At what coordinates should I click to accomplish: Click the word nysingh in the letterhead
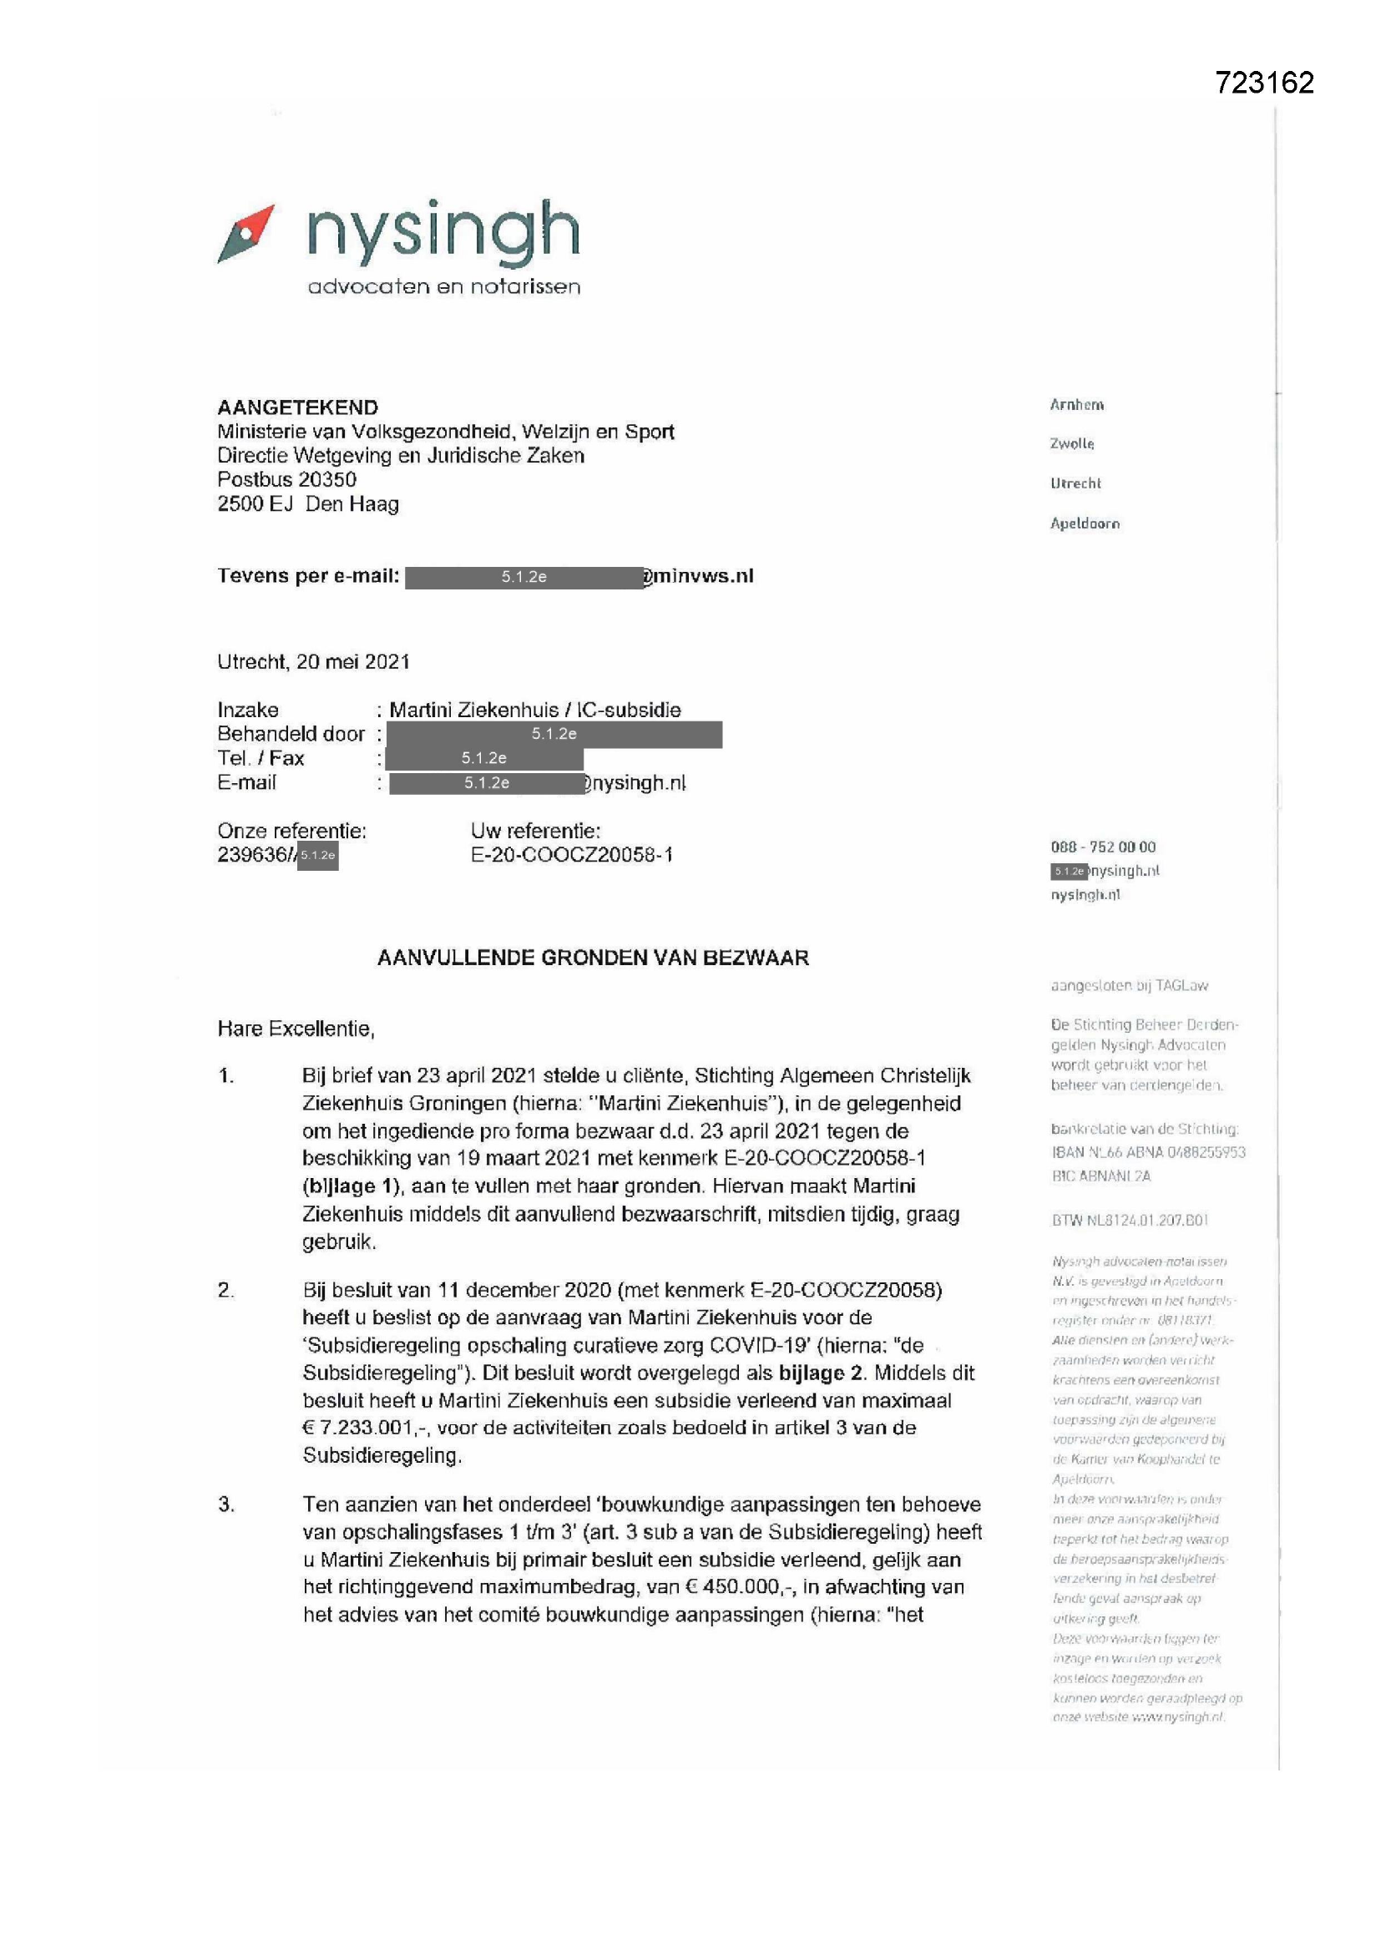[x=443, y=231]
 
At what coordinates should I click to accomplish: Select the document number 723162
[x=1263, y=83]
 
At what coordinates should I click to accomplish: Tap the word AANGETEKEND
[x=297, y=407]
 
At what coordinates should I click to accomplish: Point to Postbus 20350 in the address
[x=286, y=479]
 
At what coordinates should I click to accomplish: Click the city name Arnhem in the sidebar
[x=1076, y=405]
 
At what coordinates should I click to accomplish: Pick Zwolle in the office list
[x=1071, y=444]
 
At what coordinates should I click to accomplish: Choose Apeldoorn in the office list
[x=1085, y=523]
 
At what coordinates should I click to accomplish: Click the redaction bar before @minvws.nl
[x=523, y=577]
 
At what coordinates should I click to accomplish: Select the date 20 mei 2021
[x=353, y=661]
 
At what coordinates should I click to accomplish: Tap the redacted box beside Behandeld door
[x=554, y=734]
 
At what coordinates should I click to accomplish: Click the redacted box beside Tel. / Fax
[x=484, y=757]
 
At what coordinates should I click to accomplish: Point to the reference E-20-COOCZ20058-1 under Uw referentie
[x=571, y=855]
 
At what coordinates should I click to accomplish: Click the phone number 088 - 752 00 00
[x=1103, y=847]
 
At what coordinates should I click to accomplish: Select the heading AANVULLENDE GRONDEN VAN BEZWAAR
[x=593, y=958]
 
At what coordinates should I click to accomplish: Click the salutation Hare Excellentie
[x=296, y=1029]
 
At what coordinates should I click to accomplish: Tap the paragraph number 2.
[x=225, y=1291]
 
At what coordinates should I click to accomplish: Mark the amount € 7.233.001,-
[x=365, y=1428]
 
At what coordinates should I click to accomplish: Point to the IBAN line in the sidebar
[x=1148, y=1152]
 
